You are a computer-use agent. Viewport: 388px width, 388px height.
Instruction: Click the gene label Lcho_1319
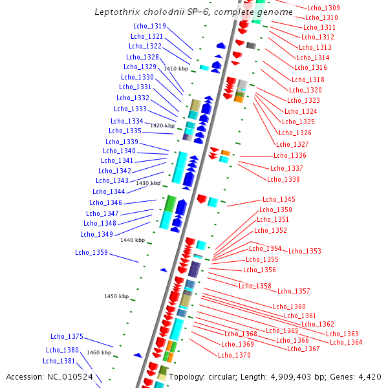tap(149, 27)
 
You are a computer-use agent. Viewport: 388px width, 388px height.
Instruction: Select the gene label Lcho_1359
tap(91, 252)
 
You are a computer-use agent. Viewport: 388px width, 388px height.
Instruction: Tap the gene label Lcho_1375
tap(67, 336)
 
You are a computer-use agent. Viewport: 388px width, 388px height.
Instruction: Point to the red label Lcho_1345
tap(279, 199)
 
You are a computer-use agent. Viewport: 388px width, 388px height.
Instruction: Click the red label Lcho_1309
tap(323, 8)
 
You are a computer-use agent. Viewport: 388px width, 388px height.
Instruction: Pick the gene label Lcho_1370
tap(234, 355)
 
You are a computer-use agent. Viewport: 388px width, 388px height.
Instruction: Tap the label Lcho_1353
tap(305, 251)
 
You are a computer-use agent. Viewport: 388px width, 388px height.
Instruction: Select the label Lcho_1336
tap(290, 155)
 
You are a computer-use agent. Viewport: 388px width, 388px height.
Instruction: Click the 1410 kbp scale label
tap(176, 69)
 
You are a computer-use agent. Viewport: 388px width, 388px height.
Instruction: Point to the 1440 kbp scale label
tap(132, 240)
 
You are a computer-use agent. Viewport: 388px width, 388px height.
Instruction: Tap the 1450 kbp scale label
tap(116, 296)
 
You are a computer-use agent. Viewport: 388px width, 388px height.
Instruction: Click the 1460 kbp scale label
tap(99, 352)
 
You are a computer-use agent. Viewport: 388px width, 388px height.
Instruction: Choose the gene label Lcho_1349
tap(97, 234)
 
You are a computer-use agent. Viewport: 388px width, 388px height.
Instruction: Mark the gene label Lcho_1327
tap(292, 144)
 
